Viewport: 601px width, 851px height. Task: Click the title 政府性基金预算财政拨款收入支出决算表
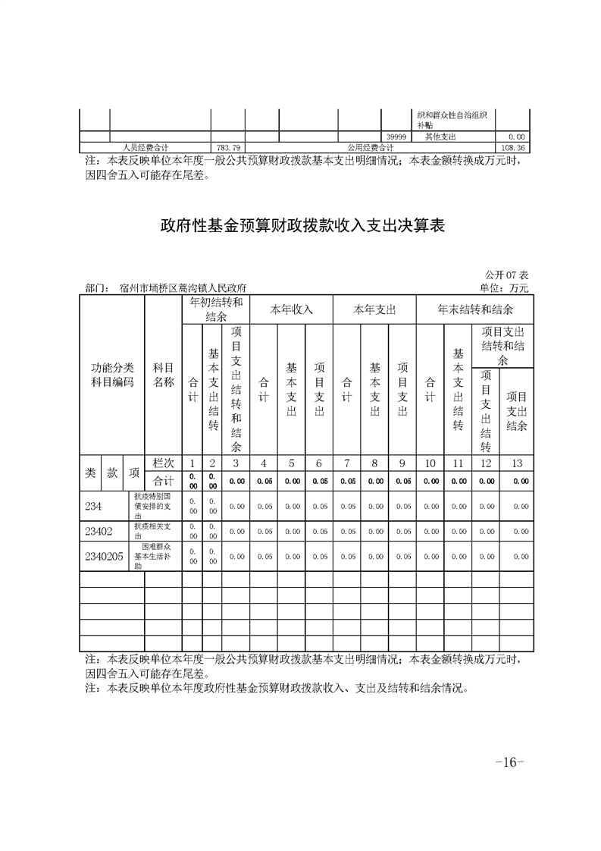(x=301, y=225)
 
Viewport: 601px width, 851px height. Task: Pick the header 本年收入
(x=292, y=309)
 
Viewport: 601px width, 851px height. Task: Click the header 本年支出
(x=374, y=309)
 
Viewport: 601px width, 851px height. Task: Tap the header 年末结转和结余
(x=475, y=309)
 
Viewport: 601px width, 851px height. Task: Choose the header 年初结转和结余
(x=216, y=309)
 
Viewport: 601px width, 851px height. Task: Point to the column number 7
(x=346, y=463)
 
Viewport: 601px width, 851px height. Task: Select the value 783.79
(x=227, y=147)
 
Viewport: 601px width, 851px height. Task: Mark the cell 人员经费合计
(x=146, y=147)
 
